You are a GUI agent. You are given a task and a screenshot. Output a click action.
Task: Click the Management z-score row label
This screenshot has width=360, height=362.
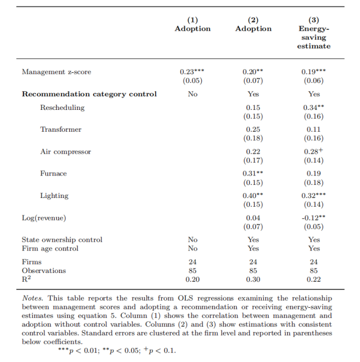click(x=56, y=72)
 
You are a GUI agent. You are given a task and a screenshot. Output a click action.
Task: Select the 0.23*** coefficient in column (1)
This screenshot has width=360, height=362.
click(x=192, y=72)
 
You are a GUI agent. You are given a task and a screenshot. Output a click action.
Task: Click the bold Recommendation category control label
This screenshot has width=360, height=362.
click(x=89, y=94)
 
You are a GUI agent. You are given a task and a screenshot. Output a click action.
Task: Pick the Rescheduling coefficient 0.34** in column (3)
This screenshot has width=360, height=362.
click(x=314, y=108)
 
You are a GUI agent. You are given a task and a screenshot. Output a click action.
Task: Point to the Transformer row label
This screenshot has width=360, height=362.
click(x=61, y=129)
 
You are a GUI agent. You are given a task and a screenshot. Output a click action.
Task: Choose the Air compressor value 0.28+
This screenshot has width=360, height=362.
click(x=314, y=152)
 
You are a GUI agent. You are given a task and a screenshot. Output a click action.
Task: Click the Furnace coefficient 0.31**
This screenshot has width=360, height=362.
click(x=253, y=173)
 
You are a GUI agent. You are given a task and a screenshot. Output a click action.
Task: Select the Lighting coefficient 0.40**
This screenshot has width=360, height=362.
click(x=253, y=196)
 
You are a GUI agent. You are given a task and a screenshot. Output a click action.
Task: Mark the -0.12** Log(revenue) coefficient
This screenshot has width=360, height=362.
click(x=314, y=218)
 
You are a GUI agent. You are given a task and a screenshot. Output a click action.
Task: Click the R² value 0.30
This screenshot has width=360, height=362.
click(x=253, y=280)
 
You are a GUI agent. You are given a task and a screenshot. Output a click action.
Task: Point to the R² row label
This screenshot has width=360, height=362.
click(x=27, y=280)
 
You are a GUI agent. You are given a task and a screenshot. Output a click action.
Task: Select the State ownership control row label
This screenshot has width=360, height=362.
click(x=62, y=240)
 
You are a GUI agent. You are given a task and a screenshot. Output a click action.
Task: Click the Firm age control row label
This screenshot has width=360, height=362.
click(x=50, y=248)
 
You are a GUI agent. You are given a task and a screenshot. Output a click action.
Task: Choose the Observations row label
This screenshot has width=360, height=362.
click(x=44, y=271)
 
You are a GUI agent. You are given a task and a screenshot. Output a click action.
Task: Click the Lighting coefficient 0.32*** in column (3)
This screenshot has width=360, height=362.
click(x=314, y=196)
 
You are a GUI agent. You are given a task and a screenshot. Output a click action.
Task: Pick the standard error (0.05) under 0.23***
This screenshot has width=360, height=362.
click(x=192, y=81)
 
